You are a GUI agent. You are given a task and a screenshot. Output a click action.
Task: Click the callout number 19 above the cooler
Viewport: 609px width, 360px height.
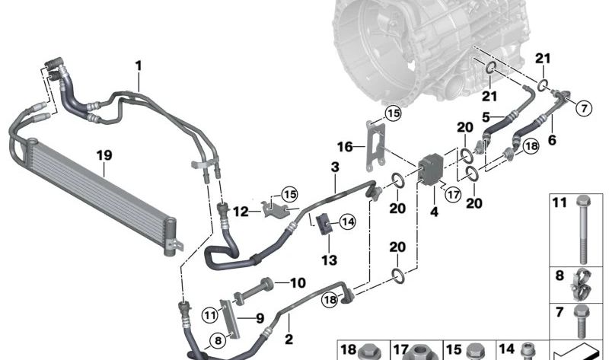coord(104,155)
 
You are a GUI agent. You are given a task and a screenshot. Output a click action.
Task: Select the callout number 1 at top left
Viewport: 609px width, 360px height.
coord(139,67)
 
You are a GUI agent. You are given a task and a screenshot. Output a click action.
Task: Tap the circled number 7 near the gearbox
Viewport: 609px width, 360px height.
coord(583,107)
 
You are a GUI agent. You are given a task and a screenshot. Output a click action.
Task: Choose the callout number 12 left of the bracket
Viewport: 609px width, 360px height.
coord(241,211)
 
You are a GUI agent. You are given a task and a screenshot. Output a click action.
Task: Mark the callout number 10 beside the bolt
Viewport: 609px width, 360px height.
coord(297,283)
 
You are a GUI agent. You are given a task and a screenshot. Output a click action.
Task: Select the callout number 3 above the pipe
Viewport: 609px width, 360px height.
coord(334,167)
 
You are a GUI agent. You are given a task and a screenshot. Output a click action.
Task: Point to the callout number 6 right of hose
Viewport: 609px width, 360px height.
coord(553,139)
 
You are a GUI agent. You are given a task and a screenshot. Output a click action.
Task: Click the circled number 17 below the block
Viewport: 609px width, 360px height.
coord(454,196)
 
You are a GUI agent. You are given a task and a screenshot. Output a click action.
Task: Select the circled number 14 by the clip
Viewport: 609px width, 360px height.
coord(348,222)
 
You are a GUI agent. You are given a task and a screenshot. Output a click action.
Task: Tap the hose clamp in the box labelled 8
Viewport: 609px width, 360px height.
coord(578,284)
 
